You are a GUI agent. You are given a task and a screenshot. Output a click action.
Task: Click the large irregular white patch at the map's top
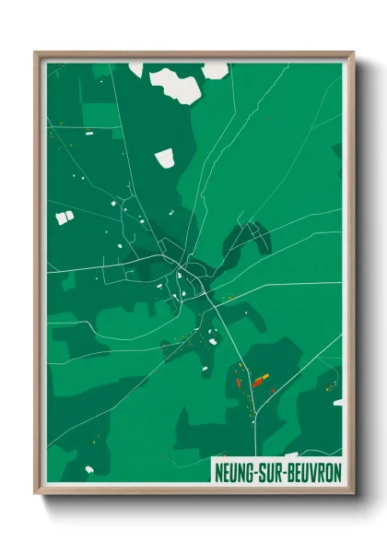pyautogui.click(x=175, y=85)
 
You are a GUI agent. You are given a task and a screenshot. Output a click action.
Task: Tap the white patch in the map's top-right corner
pyautogui.click(x=215, y=69)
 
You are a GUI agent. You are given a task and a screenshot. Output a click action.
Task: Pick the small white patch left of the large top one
pyautogui.click(x=136, y=68)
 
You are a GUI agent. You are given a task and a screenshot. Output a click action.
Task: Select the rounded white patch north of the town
pyautogui.click(x=165, y=159)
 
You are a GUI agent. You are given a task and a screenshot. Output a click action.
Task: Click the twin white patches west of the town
pyautogui.click(x=64, y=218)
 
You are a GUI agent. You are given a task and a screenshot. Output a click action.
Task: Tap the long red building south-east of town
pyautogui.click(x=261, y=378)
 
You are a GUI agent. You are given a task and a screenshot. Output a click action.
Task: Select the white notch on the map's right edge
pyautogui.click(x=338, y=402)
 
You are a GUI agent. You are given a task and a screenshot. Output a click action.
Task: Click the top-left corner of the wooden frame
pyautogui.click(x=36, y=53)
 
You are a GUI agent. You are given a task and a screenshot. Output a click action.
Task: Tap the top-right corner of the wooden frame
pyautogui.click(x=353, y=53)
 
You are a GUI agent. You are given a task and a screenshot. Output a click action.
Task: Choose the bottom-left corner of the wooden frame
pyautogui.click(x=36, y=493)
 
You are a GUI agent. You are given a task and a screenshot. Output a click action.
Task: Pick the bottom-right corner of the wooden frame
pyautogui.click(x=353, y=493)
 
